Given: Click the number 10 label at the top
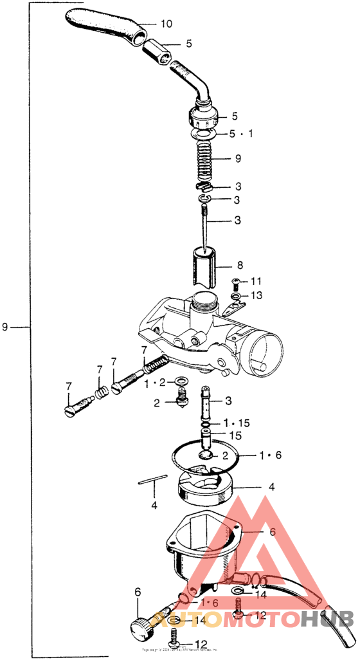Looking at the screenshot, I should tap(166, 24).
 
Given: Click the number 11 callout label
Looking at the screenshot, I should tap(256, 281).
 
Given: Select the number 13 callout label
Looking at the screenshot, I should tap(256, 295).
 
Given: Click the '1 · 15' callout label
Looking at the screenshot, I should tap(235, 423).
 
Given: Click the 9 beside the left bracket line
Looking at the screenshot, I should tap(6, 327).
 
